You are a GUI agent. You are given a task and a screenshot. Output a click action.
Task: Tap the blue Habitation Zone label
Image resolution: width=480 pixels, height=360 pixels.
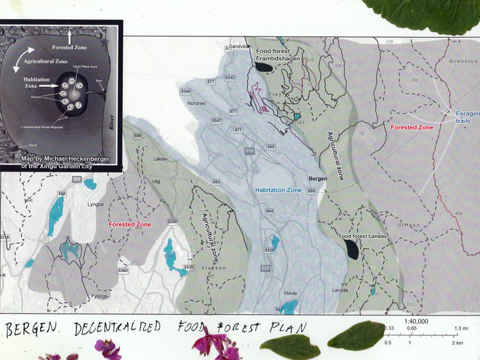(278, 190)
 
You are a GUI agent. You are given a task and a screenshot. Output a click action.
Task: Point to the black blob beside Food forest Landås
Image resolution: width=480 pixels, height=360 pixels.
(352, 250)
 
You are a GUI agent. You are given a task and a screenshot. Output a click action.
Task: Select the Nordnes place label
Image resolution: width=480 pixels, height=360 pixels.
(197, 103)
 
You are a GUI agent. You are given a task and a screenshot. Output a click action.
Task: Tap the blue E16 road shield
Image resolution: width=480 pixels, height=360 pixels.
(249, 151)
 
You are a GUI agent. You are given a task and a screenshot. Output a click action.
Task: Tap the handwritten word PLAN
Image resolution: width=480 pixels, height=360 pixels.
(279, 329)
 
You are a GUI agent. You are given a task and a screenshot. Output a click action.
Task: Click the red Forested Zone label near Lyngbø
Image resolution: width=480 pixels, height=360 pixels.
(129, 225)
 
